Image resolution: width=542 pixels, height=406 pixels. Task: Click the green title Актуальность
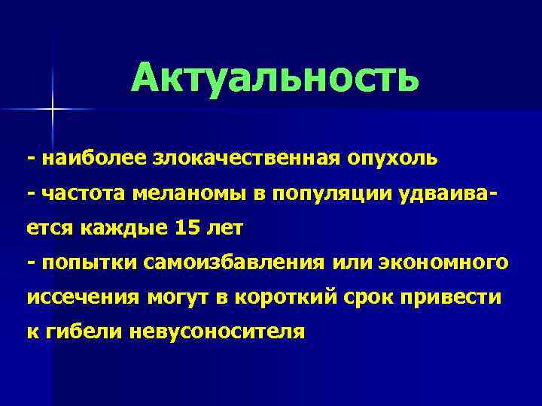(x=274, y=78)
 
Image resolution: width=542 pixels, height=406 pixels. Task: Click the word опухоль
(x=391, y=159)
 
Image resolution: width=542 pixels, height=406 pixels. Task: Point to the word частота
(x=84, y=193)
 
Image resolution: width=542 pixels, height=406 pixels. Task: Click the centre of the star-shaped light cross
(x=53, y=110)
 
